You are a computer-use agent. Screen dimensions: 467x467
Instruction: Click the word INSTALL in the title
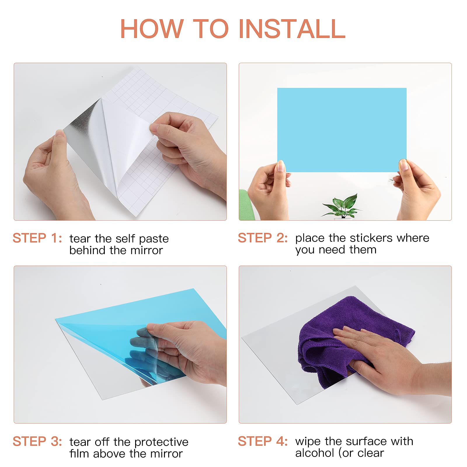(x=292, y=29)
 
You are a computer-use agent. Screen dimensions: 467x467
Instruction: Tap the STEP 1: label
(x=37, y=238)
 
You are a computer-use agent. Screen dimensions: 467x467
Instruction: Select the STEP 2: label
(x=263, y=238)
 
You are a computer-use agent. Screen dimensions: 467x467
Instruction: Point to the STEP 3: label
(x=37, y=441)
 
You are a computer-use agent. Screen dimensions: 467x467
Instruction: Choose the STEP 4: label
(x=263, y=441)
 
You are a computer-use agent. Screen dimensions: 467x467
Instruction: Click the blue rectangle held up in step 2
(x=342, y=130)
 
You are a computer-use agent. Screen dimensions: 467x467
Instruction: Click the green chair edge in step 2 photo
(x=243, y=204)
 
